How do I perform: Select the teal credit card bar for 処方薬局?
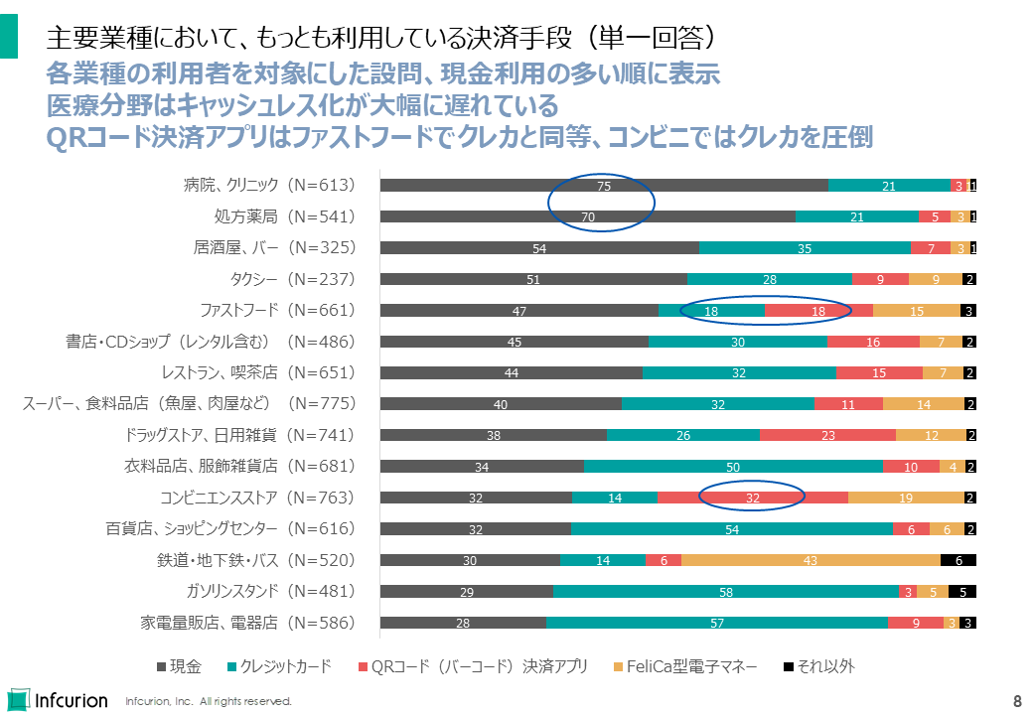pos(857,216)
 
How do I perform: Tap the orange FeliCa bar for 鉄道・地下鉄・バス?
pos(811,560)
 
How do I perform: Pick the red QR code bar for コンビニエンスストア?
pos(752,498)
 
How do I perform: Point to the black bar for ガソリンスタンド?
pos(962,592)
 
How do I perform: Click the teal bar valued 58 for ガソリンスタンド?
pos(726,592)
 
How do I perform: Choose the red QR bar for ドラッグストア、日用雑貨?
pos(827,435)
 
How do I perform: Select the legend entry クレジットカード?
pos(279,666)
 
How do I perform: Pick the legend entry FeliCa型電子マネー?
pos(685,666)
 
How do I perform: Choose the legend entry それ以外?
pos(818,666)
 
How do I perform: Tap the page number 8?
pos(1017,699)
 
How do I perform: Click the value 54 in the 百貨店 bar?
pos(732,529)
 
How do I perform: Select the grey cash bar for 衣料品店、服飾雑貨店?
pos(482,467)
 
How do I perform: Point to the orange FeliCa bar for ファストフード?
pos(917,310)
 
